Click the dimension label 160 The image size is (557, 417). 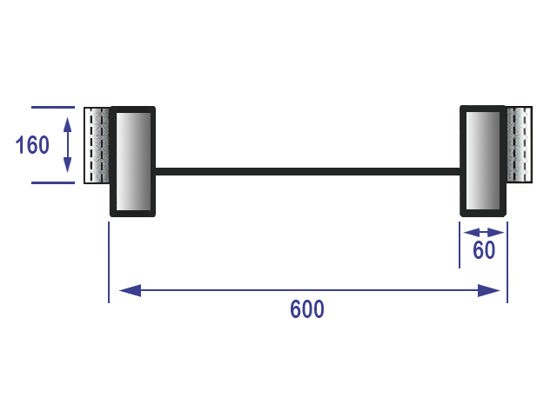pos(33,145)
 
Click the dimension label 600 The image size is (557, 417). pos(307,310)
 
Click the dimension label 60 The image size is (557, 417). pos(484,251)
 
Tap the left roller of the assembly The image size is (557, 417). pos(132,162)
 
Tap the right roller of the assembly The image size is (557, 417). pos(482,161)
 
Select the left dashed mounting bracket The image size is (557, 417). pos(96,145)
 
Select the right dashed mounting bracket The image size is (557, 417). pos(520,145)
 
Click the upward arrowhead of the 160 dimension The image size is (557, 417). pos(68,116)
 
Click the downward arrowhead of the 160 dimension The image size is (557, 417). pos(68,174)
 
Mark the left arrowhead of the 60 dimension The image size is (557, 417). pos(468,232)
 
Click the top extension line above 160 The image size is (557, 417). pos(52,107)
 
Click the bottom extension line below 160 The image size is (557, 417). pos(52,183)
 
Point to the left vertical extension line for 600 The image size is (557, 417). pos(109,261)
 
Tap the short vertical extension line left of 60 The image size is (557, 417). pos(460,245)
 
